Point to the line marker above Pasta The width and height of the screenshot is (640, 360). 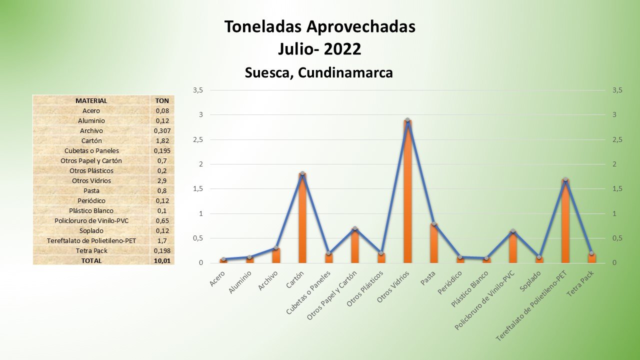tap(434, 223)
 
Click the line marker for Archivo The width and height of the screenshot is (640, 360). tap(275, 248)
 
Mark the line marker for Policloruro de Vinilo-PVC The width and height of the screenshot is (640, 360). tap(512, 231)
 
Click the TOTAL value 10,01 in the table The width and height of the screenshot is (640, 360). tap(162, 260)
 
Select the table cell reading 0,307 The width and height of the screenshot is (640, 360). tap(162, 130)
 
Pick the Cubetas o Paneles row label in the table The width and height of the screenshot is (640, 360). tap(91, 150)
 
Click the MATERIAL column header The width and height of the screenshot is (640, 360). tap(91, 100)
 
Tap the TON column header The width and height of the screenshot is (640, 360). tap(162, 100)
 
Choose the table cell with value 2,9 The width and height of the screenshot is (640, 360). tap(162, 180)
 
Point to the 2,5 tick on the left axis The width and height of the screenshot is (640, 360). tap(197, 139)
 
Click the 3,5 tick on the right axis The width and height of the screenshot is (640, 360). tap(617, 90)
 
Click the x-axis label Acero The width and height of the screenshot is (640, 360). tap(217, 278)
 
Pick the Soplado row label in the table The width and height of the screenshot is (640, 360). tap(91, 230)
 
